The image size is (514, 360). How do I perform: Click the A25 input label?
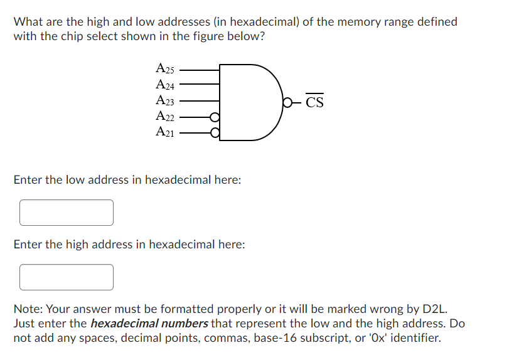[x=165, y=68]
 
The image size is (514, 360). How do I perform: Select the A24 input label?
[x=165, y=84]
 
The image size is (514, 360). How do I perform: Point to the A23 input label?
[x=165, y=100]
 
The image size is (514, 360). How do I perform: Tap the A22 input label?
[x=165, y=116]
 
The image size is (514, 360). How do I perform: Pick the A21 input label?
[x=165, y=132]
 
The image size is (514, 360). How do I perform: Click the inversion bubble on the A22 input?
[x=215, y=117]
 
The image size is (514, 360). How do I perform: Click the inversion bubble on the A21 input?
[x=215, y=132]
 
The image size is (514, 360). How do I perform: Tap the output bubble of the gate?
[x=287, y=101]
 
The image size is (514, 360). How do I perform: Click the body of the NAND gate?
[x=248, y=100]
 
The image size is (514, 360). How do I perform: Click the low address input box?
[x=67, y=213]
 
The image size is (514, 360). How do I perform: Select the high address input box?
[x=67, y=277]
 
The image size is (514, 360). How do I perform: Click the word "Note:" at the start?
[x=28, y=309]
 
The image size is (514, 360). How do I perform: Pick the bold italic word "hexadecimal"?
[x=123, y=324]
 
